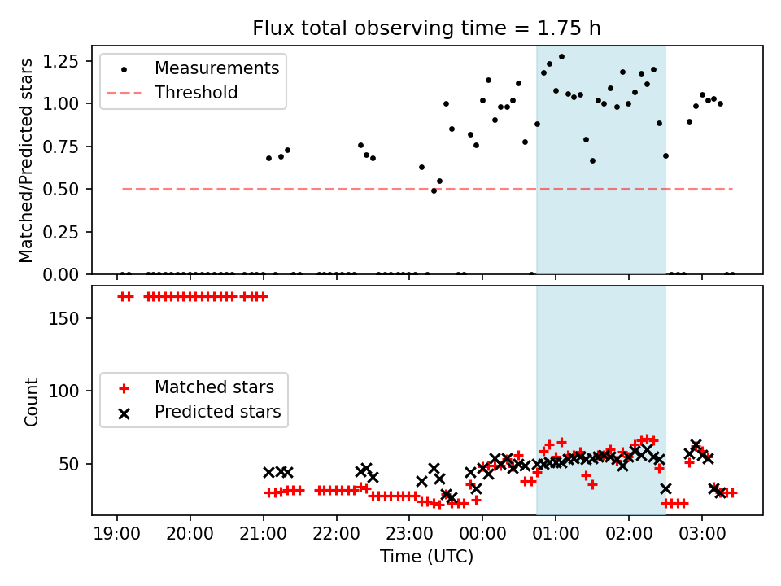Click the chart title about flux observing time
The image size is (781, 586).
426,28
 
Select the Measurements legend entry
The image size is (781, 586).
216,68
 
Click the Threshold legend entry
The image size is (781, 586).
196,93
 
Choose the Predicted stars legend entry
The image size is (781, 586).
217,412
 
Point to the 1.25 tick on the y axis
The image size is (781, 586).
63,61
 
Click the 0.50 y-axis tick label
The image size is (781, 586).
63,189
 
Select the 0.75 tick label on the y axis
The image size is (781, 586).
63,146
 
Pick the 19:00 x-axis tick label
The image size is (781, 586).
117,534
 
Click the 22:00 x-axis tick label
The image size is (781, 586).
336,534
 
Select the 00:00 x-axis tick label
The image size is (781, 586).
482,534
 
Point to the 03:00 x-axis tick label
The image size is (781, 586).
701,534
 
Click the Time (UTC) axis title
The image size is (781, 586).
426,558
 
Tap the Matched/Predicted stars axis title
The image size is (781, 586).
27,160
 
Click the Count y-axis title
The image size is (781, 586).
32,401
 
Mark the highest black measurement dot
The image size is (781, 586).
561,57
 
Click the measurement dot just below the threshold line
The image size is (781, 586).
434,190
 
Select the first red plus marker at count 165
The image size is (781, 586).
122,296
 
